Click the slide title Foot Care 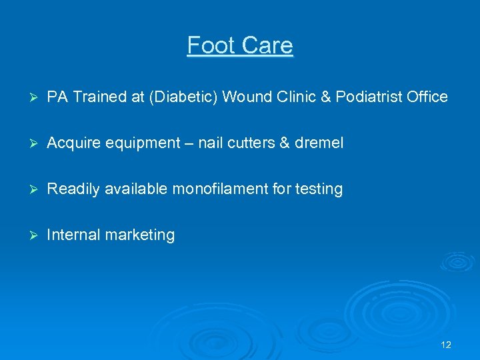(240, 45)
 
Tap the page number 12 (446, 345)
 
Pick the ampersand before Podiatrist (326, 97)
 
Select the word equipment (139, 143)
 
